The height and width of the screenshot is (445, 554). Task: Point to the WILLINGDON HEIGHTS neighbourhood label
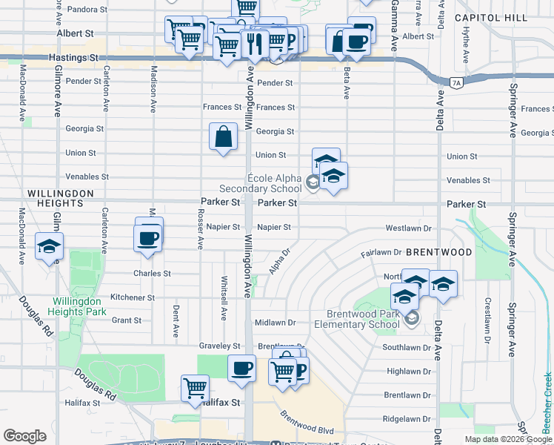coord(60,197)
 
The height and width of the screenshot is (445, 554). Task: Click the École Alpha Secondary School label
coord(264,183)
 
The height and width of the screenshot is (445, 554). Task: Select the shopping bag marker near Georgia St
coord(223,136)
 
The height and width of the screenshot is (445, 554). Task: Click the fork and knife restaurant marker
coord(256,42)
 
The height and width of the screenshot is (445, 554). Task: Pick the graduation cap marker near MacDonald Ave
coord(49,247)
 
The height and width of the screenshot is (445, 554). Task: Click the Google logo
coord(24,436)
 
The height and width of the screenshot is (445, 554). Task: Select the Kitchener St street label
coord(133,297)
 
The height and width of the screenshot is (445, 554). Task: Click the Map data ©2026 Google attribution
coord(507,439)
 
